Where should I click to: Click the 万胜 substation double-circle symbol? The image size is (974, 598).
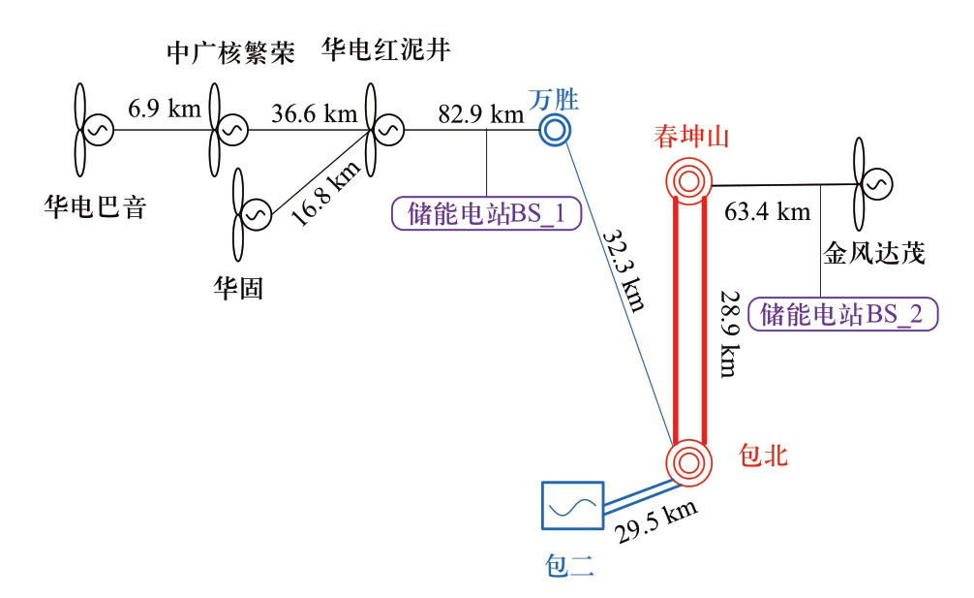(557, 128)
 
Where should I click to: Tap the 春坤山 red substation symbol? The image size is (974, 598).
(689, 178)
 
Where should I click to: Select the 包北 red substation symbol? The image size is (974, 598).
(689, 460)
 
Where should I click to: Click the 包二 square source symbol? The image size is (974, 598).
(571, 505)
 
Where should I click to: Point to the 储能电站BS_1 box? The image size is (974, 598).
(485, 213)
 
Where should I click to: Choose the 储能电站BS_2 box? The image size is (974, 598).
(849, 314)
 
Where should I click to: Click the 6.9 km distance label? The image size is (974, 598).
(165, 108)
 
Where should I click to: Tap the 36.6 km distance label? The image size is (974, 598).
(315, 113)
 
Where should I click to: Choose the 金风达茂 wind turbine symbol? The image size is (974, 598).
(868, 180)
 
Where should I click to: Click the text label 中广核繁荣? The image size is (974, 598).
(229, 52)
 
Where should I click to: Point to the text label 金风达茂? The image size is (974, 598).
(874, 254)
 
